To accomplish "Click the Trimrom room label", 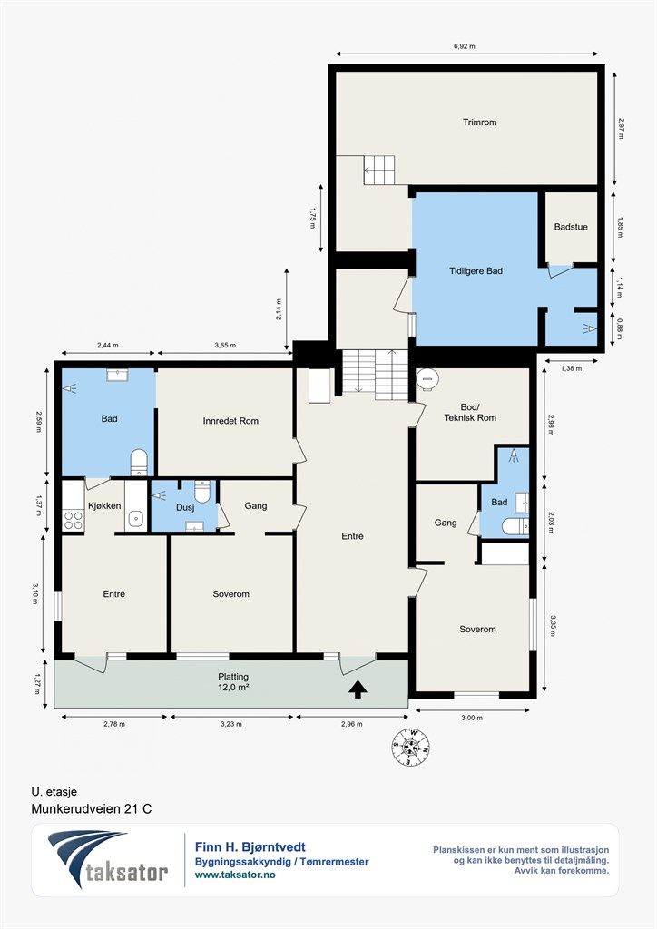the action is pos(479,122).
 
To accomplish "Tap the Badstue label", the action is pos(571,227).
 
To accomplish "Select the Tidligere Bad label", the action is pos(476,270).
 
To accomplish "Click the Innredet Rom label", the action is pos(230,421).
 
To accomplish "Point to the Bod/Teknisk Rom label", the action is pos(470,413).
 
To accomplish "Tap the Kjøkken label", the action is pos(104,505).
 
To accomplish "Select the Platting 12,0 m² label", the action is pos(233,682).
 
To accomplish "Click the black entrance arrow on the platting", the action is pos(358,689).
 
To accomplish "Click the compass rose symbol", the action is pos(410,747).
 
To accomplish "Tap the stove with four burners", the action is pos(73,520).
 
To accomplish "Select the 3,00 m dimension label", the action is pos(472,718).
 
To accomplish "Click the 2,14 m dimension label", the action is pos(279,308).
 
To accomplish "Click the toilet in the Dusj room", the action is pos(202,491).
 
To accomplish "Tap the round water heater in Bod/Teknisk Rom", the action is pos(427,379).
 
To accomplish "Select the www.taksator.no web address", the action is pos(235,875).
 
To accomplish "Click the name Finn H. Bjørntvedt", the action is pos(250,847).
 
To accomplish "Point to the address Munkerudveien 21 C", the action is pos(92,808).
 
